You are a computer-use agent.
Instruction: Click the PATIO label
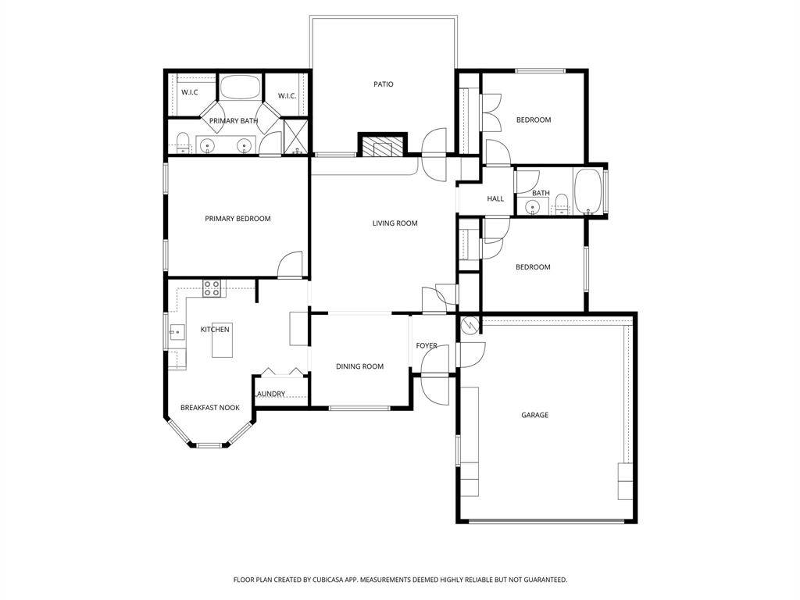pos(383,84)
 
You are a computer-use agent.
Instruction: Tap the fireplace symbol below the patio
pos(383,147)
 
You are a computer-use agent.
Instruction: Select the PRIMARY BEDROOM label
pos(237,219)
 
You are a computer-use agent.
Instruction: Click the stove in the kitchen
pos(211,288)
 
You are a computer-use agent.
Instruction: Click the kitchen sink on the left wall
pos(175,332)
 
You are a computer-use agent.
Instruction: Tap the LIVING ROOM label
pos(395,223)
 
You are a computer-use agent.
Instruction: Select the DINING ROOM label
pos(359,366)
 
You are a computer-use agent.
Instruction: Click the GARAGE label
pos(534,415)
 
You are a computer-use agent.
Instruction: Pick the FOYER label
pos(427,345)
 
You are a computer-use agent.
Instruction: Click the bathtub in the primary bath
pos(240,87)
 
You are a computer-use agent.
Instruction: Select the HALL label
pos(495,199)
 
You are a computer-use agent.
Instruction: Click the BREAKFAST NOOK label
pos(209,408)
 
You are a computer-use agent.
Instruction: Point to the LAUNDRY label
pos(270,394)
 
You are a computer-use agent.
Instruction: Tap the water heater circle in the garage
pos(470,326)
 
